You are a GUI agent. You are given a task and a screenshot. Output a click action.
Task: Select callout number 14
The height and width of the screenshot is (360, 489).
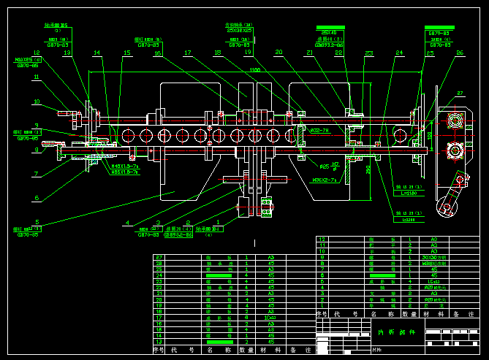(x=97, y=53)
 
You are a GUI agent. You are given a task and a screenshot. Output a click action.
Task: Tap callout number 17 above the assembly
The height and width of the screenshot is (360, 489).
(x=188, y=53)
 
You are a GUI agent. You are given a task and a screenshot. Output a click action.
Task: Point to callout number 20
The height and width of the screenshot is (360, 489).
(x=278, y=53)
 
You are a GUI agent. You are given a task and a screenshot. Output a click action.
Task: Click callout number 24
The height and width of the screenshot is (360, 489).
(x=399, y=53)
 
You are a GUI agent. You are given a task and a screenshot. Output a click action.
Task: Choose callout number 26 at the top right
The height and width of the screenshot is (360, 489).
(x=460, y=53)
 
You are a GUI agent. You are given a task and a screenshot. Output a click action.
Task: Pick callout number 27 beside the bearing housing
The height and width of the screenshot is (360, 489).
(x=460, y=93)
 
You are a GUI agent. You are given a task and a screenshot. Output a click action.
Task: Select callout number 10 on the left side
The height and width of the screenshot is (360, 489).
(x=37, y=102)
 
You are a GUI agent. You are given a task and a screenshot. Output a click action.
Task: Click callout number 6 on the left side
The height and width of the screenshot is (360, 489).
(x=37, y=198)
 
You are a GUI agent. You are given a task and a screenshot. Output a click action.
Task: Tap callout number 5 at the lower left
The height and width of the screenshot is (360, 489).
(x=37, y=222)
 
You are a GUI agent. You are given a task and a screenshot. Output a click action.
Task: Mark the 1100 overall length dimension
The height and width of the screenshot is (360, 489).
(x=254, y=70)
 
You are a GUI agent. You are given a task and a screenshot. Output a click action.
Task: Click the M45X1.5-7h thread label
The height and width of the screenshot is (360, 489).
(x=124, y=166)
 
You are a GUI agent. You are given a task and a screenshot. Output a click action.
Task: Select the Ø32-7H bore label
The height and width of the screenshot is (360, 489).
(x=319, y=131)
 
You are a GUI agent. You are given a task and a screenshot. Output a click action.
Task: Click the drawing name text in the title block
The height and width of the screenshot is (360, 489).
(x=395, y=332)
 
